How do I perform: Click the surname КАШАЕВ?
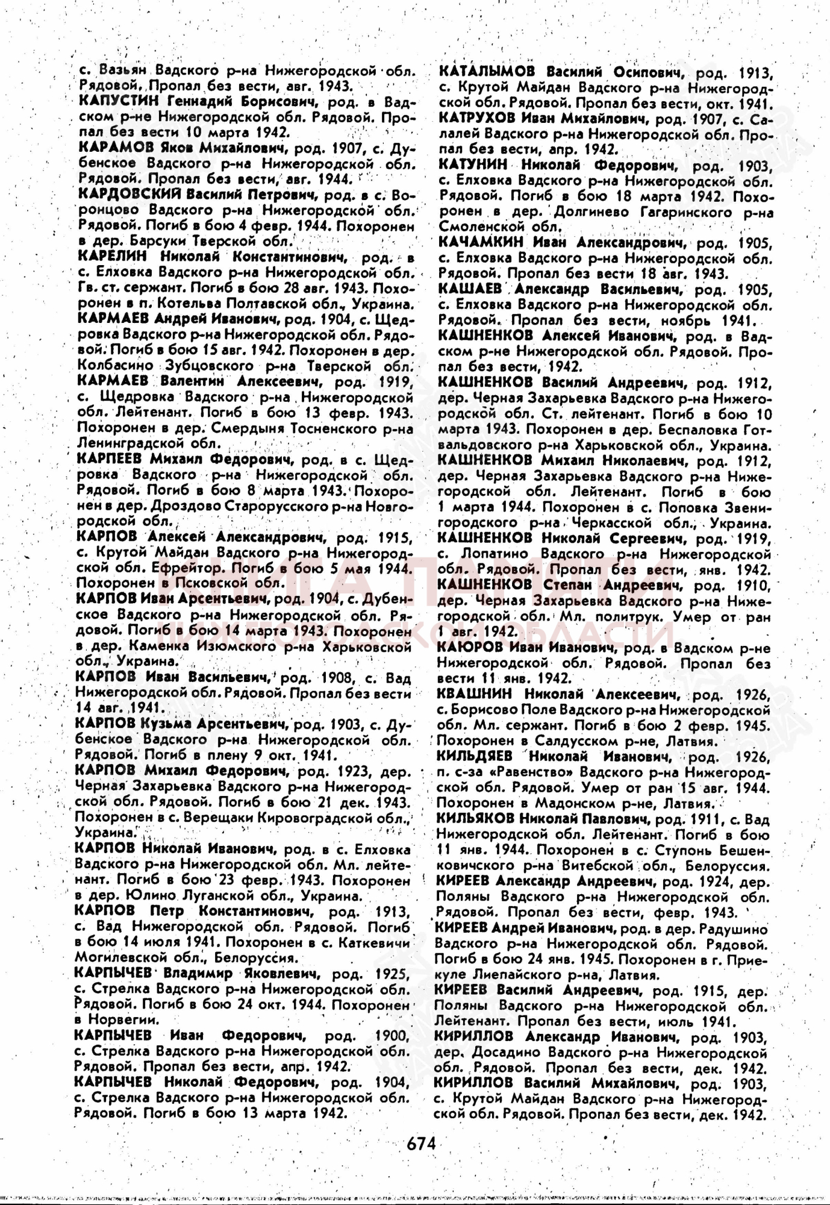pos(470,289)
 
